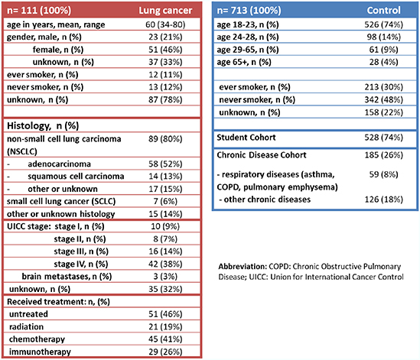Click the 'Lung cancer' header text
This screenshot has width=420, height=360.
pyautogui.click(x=165, y=11)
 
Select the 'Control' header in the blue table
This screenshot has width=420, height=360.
pyautogui.click(x=383, y=10)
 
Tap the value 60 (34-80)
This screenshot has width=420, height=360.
pyautogui.click(x=165, y=24)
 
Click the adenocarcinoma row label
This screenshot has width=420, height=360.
pyautogui.click(x=59, y=164)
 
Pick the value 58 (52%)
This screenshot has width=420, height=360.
pyautogui.click(x=165, y=164)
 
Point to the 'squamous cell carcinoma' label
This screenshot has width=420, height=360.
pyautogui.click(x=76, y=177)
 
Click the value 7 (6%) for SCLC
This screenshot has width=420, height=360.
pyautogui.click(x=165, y=201)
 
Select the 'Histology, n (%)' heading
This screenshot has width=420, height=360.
pyautogui.click(x=43, y=126)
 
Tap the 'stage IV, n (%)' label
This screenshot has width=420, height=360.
pyautogui.click(x=81, y=264)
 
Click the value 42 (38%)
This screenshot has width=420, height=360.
pyautogui.click(x=165, y=264)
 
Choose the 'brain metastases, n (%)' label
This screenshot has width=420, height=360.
pyautogui.click(x=67, y=277)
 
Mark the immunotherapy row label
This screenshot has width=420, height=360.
pyautogui.click(x=40, y=352)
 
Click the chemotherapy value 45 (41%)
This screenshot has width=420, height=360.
pyautogui.click(x=165, y=339)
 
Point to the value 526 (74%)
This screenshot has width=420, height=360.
pyautogui.click(x=383, y=24)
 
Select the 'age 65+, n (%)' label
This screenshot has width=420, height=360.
pyautogui.click(x=244, y=62)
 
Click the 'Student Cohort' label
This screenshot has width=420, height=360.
pyautogui.click(x=246, y=138)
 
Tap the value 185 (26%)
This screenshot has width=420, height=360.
pyautogui.click(x=383, y=155)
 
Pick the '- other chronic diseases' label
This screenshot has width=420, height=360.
pyautogui.click(x=265, y=199)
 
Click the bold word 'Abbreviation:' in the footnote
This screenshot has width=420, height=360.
pyautogui.click(x=243, y=267)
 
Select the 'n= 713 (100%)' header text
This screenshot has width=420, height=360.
pyautogui.click(x=249, y=11)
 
